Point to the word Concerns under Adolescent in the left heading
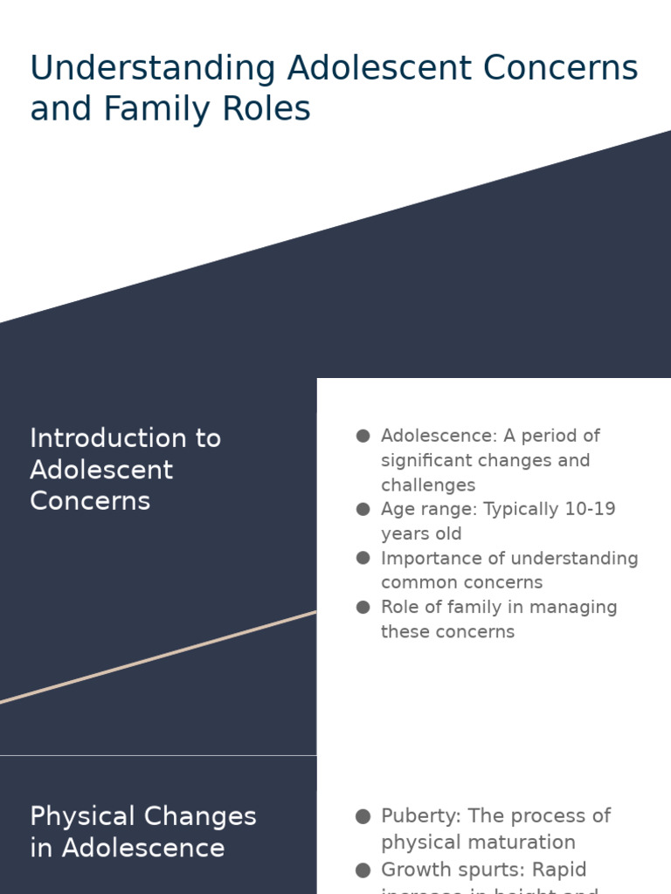click(90, 500)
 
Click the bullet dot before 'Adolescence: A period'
click(363, 436)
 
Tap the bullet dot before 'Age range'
click(363, 509)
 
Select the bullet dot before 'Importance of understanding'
click(363, 558)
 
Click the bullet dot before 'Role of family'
click(363, 607)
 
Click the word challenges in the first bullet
click(428, 485)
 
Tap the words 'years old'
click(421, 533)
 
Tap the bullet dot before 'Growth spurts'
click(363, 870)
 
